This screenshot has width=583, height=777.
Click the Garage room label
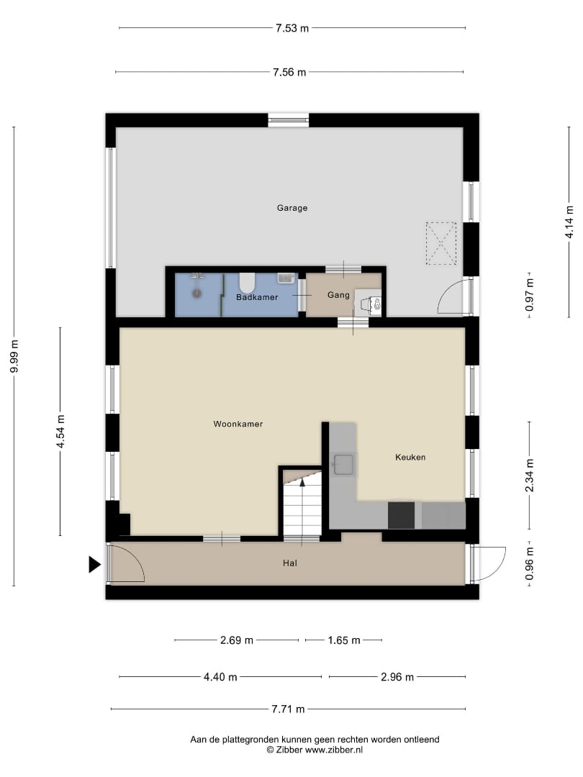pyautogui.click(x=292, y=208)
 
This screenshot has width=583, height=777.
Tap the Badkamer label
pyautogui.click(x=257, y=297)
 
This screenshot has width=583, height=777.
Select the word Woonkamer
pyautogui.click(x=238, y=424)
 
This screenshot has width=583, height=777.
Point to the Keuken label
pyautogui.click(x=410, y=458)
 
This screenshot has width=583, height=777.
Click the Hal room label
pyautogui.click(x=290, y=563)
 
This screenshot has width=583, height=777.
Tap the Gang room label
pyautogui.click(x=338, y=296)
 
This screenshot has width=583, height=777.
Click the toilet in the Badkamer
pyautogui.click(x=247, y=283)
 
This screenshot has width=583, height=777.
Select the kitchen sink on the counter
pyautogui.click(x=343, y=464)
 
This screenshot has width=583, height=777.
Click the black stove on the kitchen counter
pyautogui.click(x=401, y=515)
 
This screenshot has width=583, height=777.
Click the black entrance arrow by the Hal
pyautogui.click(x=95, y=565)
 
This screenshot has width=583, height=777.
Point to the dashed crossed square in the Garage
pyautogui.click(x=441, y=243)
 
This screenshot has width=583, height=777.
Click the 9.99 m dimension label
pyautogui.click(x=14, y=356)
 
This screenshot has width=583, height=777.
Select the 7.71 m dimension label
pyautogui.click(x=288, y=709)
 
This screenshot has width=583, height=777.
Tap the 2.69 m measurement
pyautogui.click(x=237, y=640)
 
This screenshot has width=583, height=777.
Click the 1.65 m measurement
pyautogui.click(x=344, y=640)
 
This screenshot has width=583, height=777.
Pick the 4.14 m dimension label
pyautogui.click(x=569, y=222)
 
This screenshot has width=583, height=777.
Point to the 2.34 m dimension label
pyautogui.click(x=530, y=476)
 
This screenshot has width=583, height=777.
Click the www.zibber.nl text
pyautogui.click(x=334, y=750)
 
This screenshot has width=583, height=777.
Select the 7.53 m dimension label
pyautogui.click(x=292, y=28)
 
